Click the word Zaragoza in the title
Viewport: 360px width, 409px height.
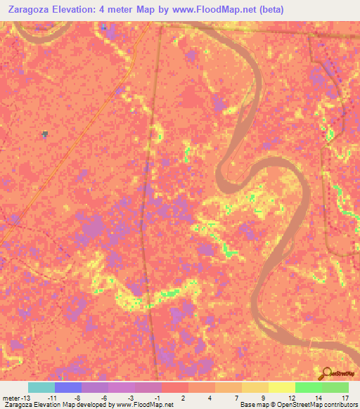(x=29, y=8)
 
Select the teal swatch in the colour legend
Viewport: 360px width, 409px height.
(x=41, y=387)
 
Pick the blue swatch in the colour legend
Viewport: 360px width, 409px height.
(x=68, y=387)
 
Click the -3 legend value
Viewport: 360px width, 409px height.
(x=130, y=398)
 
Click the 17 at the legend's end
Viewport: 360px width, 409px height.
(x=343, y=398)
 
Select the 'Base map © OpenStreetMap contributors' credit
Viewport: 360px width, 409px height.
(x=297, y=405)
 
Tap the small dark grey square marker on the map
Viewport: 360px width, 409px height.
(x=46, y=134)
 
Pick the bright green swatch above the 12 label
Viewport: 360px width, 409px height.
(x=308, y=387)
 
